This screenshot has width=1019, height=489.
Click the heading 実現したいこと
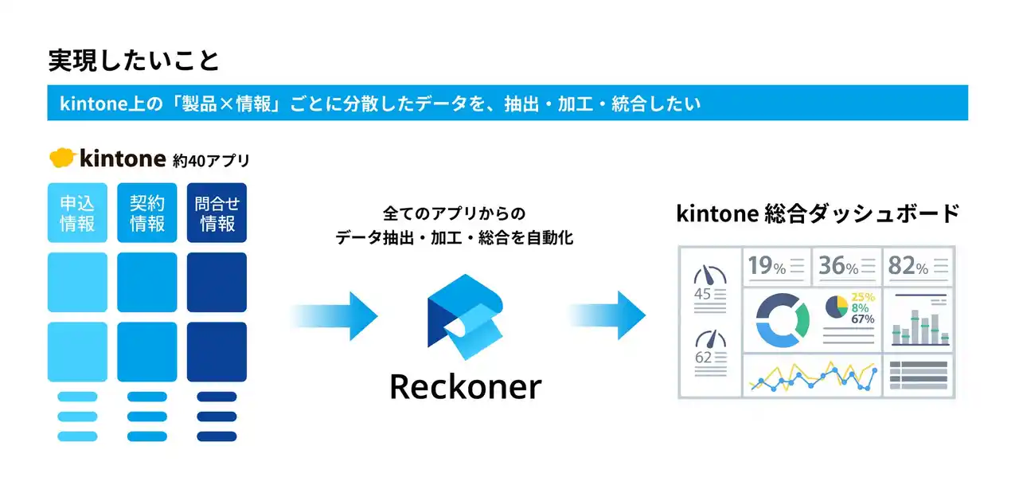pos(134,61)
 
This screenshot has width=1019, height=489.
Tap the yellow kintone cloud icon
pos(63,158)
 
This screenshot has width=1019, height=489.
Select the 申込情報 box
pos(77,213)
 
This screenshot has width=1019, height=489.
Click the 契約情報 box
pos(147,213)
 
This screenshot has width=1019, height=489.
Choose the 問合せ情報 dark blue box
pos(217,213)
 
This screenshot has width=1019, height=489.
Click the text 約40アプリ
pos(211,160)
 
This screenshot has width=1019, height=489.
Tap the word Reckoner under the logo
pos(465,386)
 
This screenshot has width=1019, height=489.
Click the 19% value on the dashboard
pos(767,267)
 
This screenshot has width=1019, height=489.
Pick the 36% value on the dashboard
pos(838,267)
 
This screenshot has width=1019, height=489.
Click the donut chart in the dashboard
pos(782,320)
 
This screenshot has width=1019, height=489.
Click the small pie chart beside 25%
pos(835,307)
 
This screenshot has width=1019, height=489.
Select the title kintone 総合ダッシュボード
pos(818,213)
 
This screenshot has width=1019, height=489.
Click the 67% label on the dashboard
pos(862,319)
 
